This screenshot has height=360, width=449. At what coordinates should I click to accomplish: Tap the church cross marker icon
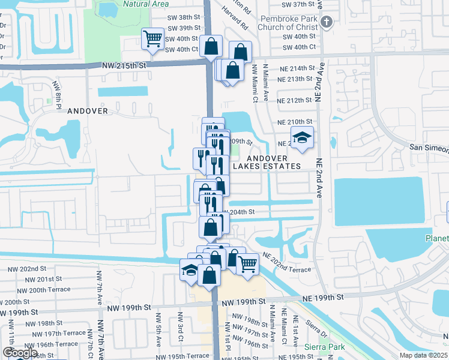(326, 23)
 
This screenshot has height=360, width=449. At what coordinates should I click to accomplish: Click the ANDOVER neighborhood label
(88, 111)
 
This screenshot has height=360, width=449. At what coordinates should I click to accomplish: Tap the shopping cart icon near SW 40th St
(152, 40)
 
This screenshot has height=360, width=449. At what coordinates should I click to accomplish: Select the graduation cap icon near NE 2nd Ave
(303, 137)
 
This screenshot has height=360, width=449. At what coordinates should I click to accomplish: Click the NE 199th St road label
(323, 297)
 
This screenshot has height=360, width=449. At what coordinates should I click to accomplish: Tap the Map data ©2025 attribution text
(423, 355)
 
